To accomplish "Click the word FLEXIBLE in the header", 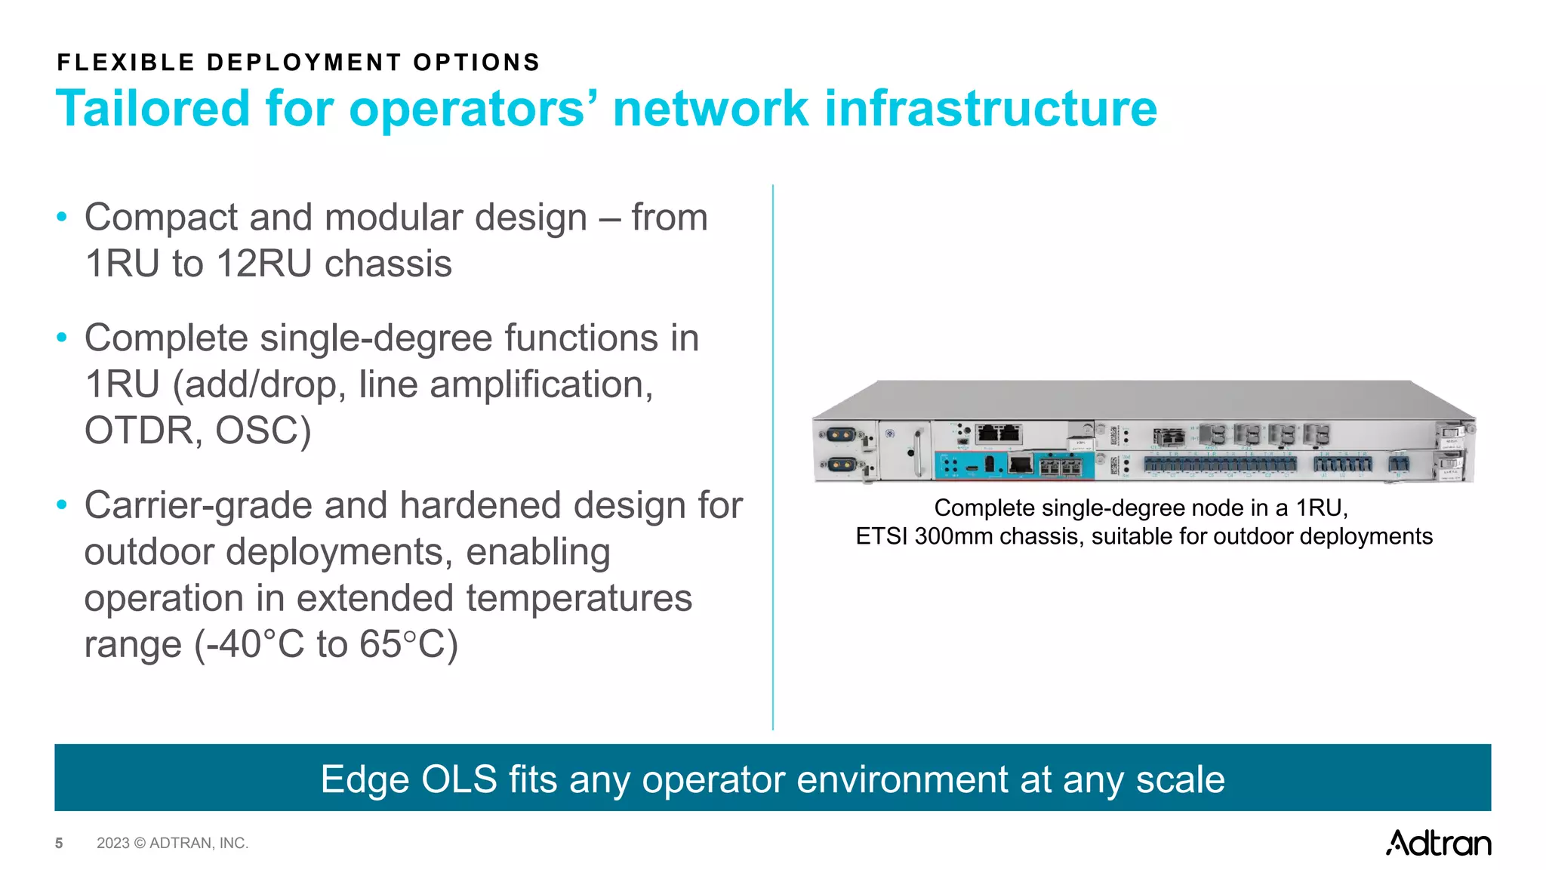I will click(126, 63).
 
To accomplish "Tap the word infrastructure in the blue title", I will click(990, 108).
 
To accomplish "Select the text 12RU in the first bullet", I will click(263, 264).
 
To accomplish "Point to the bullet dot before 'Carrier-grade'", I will click(62, 505).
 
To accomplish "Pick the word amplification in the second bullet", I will click(541, 385).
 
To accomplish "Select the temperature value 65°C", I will click(408, 645).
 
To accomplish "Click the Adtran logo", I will click(1437, 843).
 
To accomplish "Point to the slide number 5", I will click(59, 844).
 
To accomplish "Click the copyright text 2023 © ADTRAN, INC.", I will click(172, 844).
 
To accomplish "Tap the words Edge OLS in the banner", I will click(408, 779).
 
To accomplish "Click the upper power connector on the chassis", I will click(840, 436).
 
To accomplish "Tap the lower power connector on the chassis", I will click(840, 464).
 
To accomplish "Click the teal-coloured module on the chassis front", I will click(1013, 464).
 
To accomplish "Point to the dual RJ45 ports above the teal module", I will click(999, 433).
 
